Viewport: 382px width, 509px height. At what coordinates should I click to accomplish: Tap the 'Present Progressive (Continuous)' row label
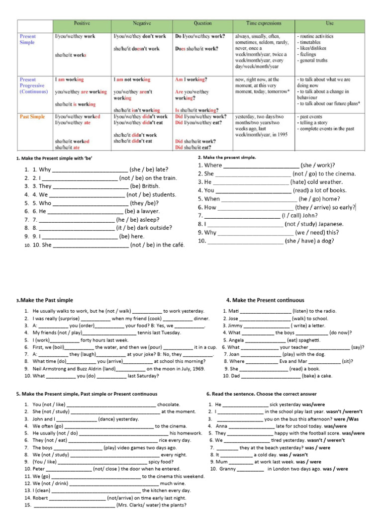click(33, 85)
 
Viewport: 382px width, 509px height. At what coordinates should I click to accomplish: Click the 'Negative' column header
click(142, 23)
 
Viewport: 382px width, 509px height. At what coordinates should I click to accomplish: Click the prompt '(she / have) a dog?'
click(309, 241)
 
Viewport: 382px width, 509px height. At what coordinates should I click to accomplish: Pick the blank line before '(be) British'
click(90, 186)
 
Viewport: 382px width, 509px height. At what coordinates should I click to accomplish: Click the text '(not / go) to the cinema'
click(324, 174)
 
